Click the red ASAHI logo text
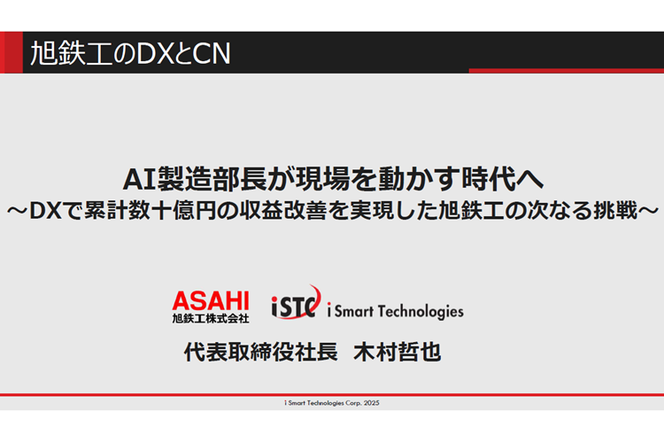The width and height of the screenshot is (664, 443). (211, 301)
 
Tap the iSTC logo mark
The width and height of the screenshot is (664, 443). (296, 302)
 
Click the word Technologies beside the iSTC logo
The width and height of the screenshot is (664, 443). (421, 312)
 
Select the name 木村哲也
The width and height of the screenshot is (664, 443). (397, 352)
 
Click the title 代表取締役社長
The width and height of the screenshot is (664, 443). (260, 352)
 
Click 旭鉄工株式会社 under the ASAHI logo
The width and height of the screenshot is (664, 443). (211, 318)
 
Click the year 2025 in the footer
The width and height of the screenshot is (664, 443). (371, 403)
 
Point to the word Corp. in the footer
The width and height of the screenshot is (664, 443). (353, 403)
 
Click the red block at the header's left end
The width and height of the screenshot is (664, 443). (12, 52)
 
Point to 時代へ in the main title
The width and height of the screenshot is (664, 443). (503, 179)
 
